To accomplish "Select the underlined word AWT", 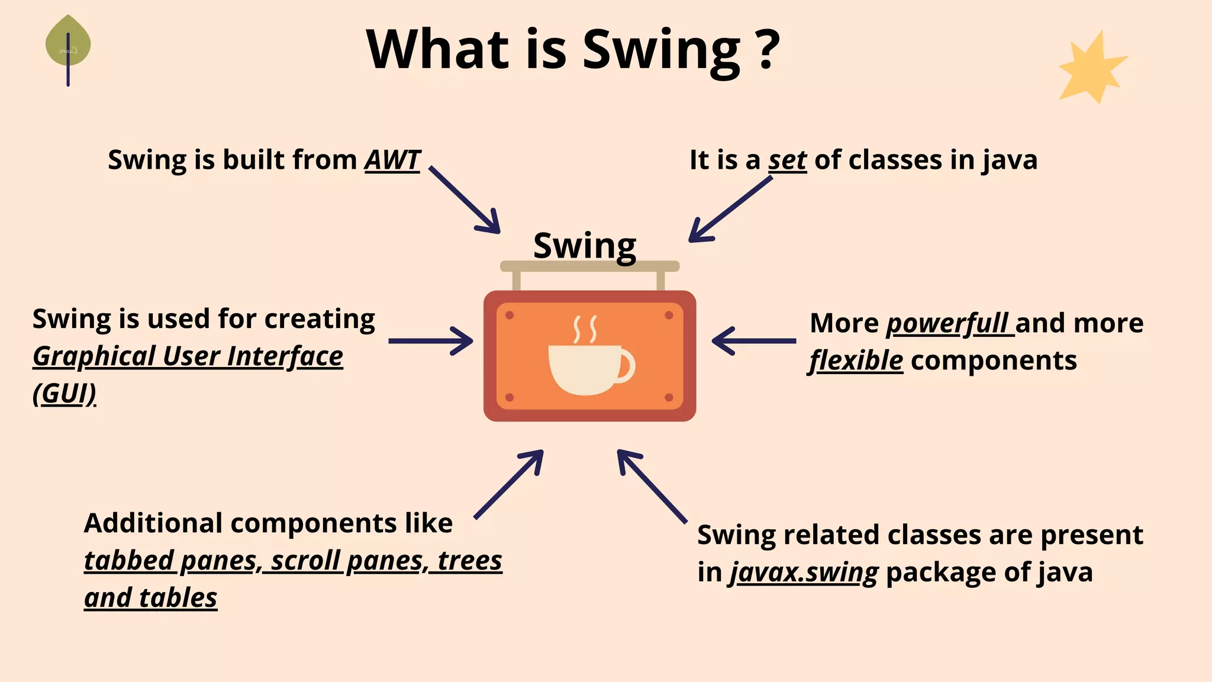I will tap(392, 160).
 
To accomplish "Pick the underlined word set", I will tap(787, 160).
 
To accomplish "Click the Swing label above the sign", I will tap(585, 245).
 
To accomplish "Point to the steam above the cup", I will tap(585, 329).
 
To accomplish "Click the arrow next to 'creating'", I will tap(430, 341).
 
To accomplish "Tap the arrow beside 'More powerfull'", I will tap(753, 341).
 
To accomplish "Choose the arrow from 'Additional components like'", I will tap(509, 484).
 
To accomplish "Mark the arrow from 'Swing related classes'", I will tap(652, 485).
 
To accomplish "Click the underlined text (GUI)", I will tap(65, 394).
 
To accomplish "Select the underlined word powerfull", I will tap(949, 324).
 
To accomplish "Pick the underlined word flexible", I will tap(856, 361).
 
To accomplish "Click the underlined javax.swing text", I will tap(804, 572).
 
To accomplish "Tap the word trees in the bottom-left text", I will tap(469, 561).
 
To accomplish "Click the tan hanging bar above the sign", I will tap(589, 266).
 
